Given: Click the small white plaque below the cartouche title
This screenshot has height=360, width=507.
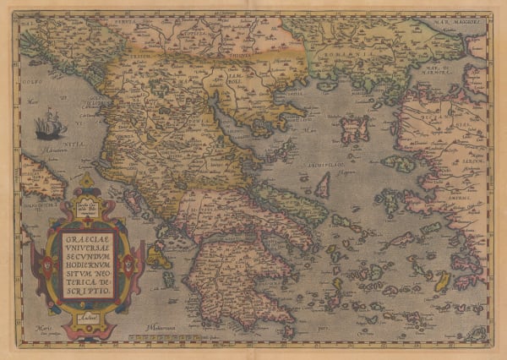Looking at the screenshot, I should click(x=86, y=315).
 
